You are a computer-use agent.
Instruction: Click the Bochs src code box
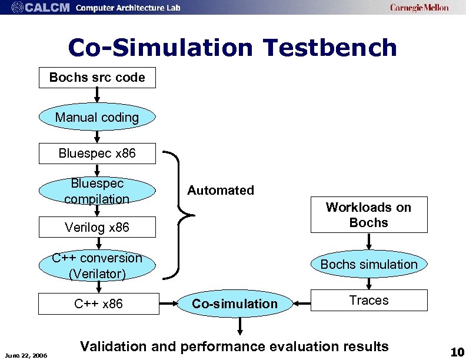coord(97,78)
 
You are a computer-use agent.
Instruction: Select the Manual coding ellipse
coord(97,117)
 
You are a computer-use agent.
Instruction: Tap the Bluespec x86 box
coord(97,154)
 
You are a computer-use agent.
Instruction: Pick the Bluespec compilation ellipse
coord(97,191)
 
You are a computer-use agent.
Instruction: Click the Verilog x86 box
coord(97,227)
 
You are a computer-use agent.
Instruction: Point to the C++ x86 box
coord(98,304)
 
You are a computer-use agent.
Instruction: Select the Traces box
coord(369,301)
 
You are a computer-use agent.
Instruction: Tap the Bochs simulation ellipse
coord(369,265)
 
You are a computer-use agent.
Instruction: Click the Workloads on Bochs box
coord(369,215)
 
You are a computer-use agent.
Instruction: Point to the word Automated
coord(221,190)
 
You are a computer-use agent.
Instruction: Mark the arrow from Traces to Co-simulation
coord(301,304)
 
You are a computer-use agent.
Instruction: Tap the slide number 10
coord(457,352)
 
